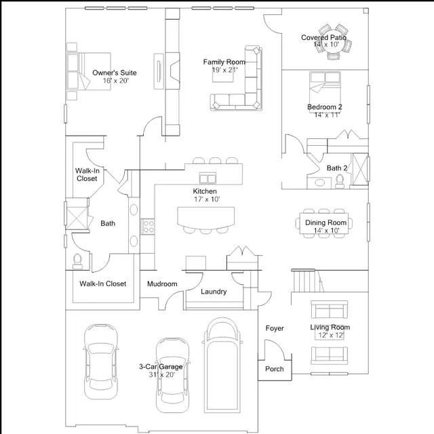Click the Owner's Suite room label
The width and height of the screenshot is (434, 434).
(x=115, y=72)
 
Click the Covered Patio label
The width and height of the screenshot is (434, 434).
(x=324, y=38)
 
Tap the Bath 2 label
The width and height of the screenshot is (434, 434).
(x=337, y=168)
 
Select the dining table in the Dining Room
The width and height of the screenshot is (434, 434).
(x=323, y=222)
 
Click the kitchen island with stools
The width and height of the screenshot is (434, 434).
(x=203, y=218)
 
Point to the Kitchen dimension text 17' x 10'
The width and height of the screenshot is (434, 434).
(x=205, y=199)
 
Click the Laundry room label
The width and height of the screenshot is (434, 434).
(x=214, y=292)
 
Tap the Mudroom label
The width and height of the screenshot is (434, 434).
(x=162, y=284)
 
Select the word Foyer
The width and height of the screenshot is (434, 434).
(x=275, y=328)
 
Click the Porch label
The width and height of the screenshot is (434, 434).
(x=274, y=369)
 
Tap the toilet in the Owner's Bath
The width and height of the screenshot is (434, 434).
(x=77, y=260)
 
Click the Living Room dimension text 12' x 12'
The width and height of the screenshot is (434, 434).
(x=330, y=335)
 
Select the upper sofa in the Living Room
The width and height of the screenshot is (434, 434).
(x=328, y=310)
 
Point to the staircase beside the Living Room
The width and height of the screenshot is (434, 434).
(x=304, y=279)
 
